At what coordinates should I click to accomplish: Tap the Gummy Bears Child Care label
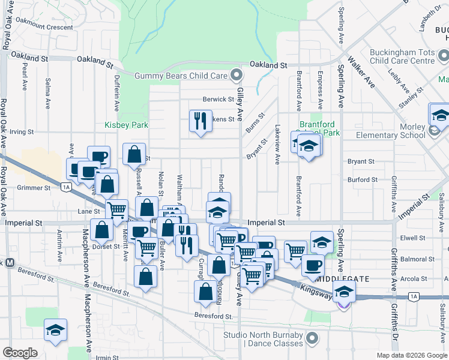(181, 76)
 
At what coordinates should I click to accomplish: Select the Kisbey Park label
(126, 125)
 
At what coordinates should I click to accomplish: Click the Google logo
(20, 353)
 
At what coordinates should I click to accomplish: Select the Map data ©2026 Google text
(412, 355)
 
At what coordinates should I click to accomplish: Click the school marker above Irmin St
(55, 329)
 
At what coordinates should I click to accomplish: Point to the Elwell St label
(412, 238)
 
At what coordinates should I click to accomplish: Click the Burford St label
(361, 179)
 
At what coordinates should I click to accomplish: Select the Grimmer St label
(33, 188)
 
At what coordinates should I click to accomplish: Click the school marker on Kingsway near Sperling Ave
(345, 292)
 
